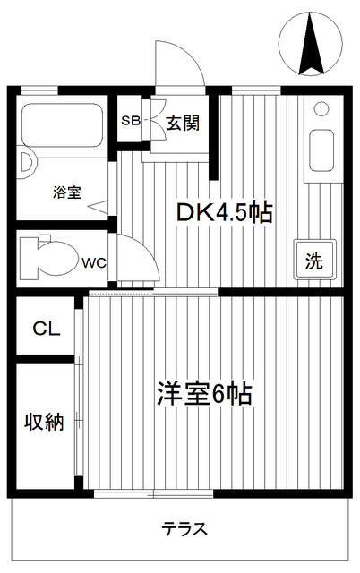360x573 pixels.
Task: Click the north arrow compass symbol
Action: click(x=311, y=44)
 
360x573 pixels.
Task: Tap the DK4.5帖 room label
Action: click(x=225, y=213)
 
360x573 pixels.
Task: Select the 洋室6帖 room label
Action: click(x=205, y=394)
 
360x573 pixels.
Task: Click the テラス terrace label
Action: click(x=184, y=529)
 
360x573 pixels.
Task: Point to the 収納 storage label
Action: click(x=44, y=422)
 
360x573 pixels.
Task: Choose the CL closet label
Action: click(x=46, y=329)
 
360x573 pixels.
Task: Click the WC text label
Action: click(x=94, y=262)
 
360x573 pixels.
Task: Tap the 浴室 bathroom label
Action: click(x=67, y=192)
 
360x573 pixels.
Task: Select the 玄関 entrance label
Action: click(x=183, y=123)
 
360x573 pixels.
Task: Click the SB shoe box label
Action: click(x=131, y=121)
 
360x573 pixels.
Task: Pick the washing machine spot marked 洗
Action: click(x=314, y=260)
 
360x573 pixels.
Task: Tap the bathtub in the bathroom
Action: click(x=62, y=125)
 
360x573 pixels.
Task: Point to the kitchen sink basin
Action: click(x=321, y=150)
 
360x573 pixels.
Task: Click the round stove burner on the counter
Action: click(x=321, y=109)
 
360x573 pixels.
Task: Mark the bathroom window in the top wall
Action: click(x=39, y=90)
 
